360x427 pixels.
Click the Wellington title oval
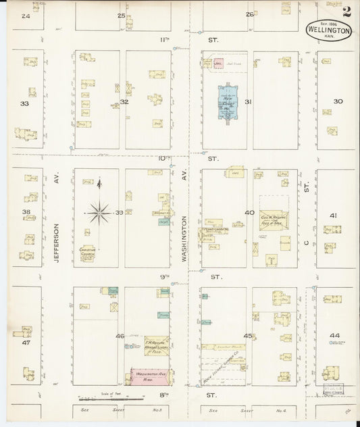coord(328,30)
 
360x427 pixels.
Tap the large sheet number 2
coord(346,11)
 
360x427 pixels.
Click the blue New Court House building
coord(227,101)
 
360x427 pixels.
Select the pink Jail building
coord(218,64)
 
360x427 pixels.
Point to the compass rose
coord(99,214)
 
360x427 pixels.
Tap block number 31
coord(248,102)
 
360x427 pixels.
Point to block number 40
coord(249,213)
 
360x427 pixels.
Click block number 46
coord(120,336)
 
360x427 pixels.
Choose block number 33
coord(24,104)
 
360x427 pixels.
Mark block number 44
coord(334,336)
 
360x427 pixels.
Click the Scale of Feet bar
coord(118,400)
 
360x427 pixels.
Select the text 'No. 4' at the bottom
coord(264,410)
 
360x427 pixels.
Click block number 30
coord(338,101)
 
